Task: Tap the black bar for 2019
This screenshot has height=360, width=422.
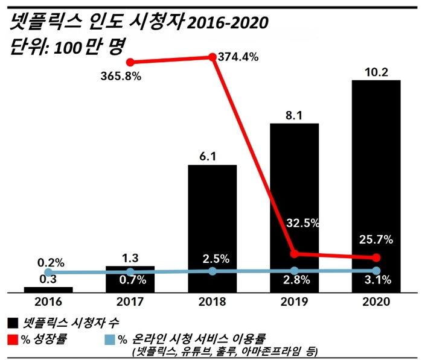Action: (x=294, y=205)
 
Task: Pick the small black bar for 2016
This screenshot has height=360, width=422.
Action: (x=48, y=289)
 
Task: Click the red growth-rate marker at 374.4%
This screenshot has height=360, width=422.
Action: (x=213, y=57)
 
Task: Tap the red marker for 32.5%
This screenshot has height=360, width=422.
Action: (x=294, y=253)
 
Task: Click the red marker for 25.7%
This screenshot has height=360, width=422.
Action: (x=376, y=257)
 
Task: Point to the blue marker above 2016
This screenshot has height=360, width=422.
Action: (x=48, y=273)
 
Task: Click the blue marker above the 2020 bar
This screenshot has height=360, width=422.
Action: (x=376, y=270)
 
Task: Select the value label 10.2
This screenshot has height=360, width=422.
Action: (x=376, y=72)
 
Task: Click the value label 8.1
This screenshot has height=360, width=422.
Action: (x=294, y=116)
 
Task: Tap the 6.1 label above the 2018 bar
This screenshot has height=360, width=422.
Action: (x=212, y=156)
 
